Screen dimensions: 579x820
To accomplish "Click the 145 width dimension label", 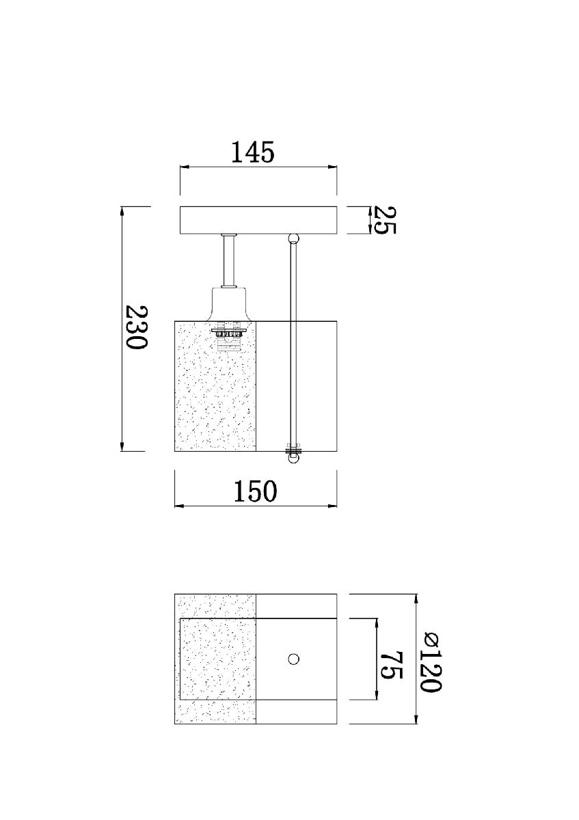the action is pos(252,152).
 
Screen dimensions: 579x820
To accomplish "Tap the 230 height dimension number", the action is pos(136,327).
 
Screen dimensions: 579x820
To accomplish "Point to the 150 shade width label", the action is pos(255,491).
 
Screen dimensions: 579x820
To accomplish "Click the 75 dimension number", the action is pos(392,664).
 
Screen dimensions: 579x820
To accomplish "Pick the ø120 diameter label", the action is pos(430,661).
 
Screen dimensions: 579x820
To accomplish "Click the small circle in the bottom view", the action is pos(293,659).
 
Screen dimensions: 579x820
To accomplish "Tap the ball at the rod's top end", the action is pos(294,239).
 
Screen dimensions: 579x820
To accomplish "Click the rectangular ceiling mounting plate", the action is pos(258,220).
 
